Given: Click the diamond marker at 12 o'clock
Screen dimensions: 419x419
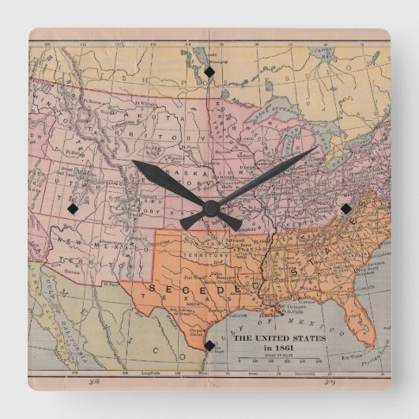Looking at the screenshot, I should (x=209, y=73).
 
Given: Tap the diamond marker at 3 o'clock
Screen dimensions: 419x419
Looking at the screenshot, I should (x=345, y=208).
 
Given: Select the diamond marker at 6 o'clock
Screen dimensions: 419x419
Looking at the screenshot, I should (x=209, y=345).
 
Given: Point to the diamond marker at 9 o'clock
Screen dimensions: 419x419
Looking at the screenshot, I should (x=73, y=209).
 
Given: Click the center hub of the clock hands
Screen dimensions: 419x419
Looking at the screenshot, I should (x=209, y=209).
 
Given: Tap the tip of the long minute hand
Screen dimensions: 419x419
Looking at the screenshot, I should (x=316, y=148).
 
